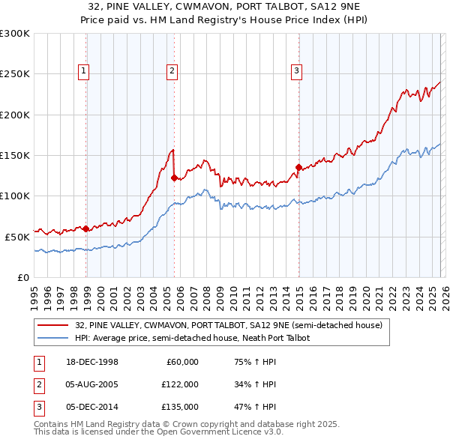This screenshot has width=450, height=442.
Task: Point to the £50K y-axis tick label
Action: point(17,237)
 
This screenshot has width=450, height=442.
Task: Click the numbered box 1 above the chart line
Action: point(83,71)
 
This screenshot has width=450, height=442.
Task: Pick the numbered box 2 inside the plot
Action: point(172,71)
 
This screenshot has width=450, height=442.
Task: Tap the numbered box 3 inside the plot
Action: point(296,71)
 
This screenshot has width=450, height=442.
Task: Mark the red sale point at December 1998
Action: point(86,228)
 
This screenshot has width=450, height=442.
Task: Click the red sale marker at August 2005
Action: point(174,178)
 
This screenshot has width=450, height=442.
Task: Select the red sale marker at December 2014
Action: point(298,168)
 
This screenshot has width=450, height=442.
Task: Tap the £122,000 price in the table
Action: point(180,384)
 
